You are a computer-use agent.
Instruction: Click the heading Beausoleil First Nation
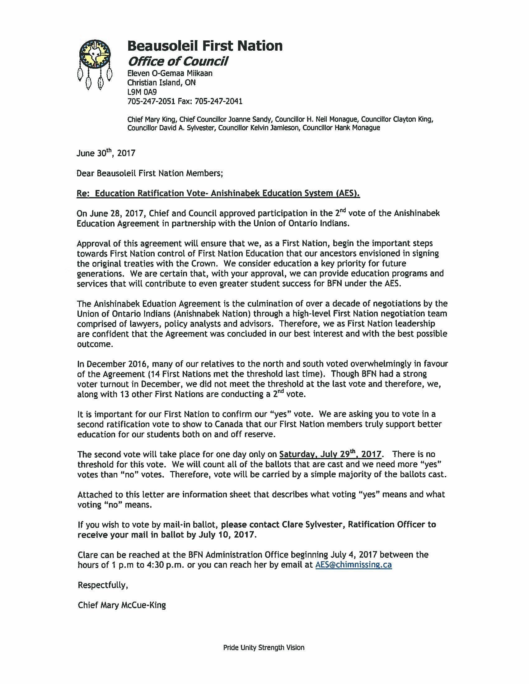pos(205,46)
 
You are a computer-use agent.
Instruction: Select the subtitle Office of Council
pos(178,61)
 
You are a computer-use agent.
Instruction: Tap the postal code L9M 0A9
pos(142,92)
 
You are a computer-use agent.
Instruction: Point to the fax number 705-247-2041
pos(218,101)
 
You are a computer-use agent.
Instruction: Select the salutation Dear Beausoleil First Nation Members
pos(149,173)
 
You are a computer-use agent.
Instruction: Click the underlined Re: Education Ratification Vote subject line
pos(218,193)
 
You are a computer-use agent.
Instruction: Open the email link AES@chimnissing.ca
pos(353,565)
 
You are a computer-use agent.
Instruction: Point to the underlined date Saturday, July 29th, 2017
pos(330,454)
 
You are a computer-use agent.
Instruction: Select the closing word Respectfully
pos(103,585)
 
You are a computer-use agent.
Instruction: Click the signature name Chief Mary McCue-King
pos(122,605)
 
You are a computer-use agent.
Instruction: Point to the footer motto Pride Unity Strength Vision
pos(264,647)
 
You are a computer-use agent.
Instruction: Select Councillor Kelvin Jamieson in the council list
pos(259,128)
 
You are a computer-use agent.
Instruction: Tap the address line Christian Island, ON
pos(162,83)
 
